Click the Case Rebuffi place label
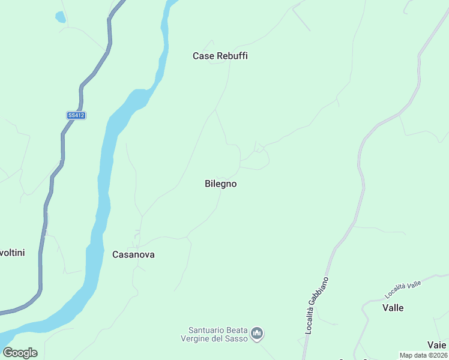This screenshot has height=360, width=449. click(x=220, y=56)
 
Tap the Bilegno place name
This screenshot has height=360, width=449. click(x=220, y=184)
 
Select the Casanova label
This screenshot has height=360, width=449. click(x=133, y=254)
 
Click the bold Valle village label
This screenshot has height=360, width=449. click(x=393, y=308)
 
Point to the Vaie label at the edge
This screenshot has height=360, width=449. click(x=436, y=344)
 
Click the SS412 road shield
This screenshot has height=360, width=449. click(x=76, y=115)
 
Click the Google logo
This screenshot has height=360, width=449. click(x=20, y=352)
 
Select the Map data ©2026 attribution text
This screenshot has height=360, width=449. click(x=423, y=355)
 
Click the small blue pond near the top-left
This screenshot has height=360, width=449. click(x=60, y=17)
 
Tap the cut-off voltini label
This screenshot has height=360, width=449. click(x=12, y=253)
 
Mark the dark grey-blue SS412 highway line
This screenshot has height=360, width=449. click(x=62, y=144)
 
